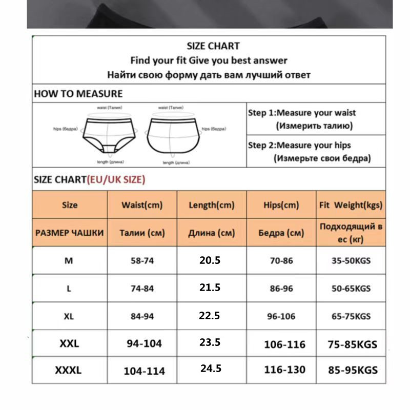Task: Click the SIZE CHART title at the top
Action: coord(213,46)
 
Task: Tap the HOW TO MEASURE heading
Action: coord(78,94)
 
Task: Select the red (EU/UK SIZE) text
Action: coord(116,179)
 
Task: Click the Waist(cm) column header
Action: coord(142,205)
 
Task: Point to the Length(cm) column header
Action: coord(212,205)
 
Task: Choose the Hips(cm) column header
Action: coord(281,205)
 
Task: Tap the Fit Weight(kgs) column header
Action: coord(351,205)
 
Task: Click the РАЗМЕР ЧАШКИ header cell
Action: coord(70,233)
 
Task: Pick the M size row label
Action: coord(69,260)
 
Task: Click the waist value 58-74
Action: coord(142,261)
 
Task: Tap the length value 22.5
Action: coord(210,316)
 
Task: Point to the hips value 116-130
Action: coord(284,370)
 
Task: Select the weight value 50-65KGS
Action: coord(351,289)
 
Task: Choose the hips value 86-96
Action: coord(281,289)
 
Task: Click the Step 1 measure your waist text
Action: coord(301,113)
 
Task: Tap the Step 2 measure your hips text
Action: coord(299,146)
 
